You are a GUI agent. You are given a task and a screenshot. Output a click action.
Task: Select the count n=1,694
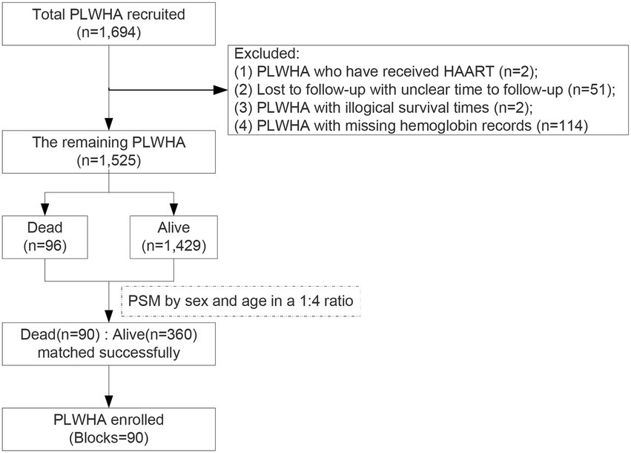[109, 35]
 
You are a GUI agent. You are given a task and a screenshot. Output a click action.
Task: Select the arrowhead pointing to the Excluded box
[222, 91]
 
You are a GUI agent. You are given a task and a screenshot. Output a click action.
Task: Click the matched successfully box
[109, 343]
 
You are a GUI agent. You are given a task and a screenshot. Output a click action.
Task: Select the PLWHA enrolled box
[109, 428]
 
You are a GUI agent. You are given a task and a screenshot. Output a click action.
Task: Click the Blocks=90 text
[109, 437]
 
